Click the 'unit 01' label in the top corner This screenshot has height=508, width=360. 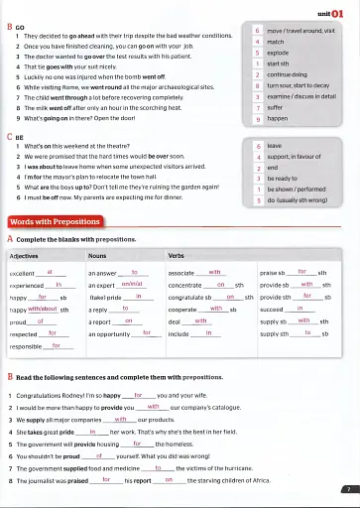[331, 14]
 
